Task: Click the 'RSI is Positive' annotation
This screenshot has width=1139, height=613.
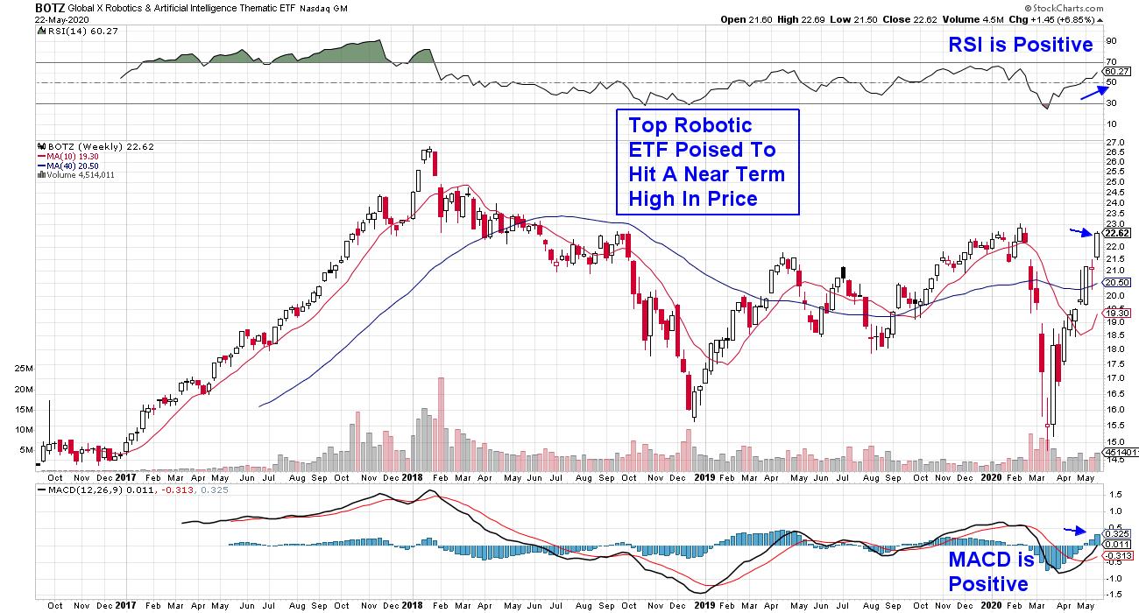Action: tap(1021, 45)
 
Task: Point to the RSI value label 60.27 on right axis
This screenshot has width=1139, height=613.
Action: tap(1115, 72)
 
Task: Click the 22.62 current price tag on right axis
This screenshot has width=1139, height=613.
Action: tap(1115, 235)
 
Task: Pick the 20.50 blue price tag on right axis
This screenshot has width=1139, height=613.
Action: tap(1115, 283)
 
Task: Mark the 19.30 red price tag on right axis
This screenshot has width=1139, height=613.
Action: tap(1115, 313)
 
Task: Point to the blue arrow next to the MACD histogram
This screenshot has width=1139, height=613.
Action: tap(1074, 530)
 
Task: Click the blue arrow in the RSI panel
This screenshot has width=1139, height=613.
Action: tap(1090, 92)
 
